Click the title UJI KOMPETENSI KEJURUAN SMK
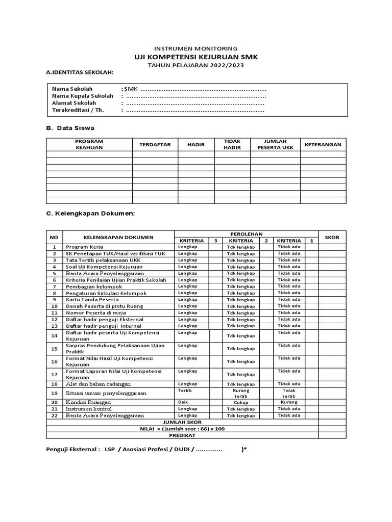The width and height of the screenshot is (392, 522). point(196,57)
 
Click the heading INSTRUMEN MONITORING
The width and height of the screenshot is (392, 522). point(196,48)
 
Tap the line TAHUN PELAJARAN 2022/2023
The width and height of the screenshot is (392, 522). point(196,66)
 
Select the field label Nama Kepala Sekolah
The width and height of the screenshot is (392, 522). point(83,96)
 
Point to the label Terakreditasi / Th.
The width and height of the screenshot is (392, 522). point(78,110)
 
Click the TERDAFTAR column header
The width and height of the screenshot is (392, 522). point(155,145)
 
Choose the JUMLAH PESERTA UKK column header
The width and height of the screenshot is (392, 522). point(275,145)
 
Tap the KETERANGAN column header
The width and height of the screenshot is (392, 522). point(323,145)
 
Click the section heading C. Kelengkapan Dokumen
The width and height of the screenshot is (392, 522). point(90,213)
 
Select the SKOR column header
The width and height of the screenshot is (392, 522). point(332,237)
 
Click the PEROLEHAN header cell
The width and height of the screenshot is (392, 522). point(246,233)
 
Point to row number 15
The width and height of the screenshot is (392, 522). point(54,349)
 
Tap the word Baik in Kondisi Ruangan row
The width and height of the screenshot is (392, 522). point(183,402)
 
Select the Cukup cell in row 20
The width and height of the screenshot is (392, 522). point(241,402)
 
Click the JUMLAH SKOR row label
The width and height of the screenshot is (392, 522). point(182,422)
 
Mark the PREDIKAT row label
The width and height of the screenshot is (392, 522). point(182,435)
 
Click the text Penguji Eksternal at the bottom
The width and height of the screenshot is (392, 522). point(72,451)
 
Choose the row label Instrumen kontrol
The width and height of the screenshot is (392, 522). point(89,409)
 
